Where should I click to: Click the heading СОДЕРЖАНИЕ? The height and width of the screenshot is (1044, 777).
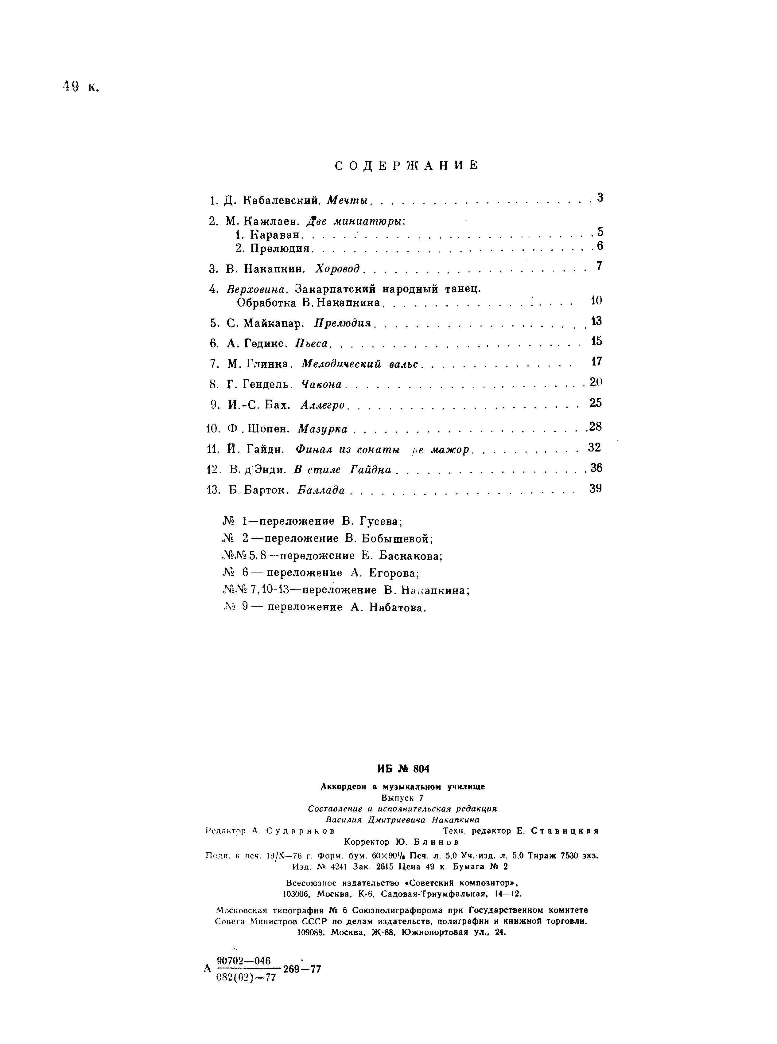pos(406,166)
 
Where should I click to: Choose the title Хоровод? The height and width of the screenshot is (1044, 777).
pos(338,269)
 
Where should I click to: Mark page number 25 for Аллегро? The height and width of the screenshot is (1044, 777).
pos(596,403)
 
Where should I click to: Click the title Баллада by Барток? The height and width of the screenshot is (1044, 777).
pos(322,490)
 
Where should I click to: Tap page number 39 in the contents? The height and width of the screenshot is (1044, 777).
pos(596,488)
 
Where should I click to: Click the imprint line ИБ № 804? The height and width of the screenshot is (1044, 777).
pos(403,769)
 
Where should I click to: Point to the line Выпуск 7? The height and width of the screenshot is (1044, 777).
pos(402,797)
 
